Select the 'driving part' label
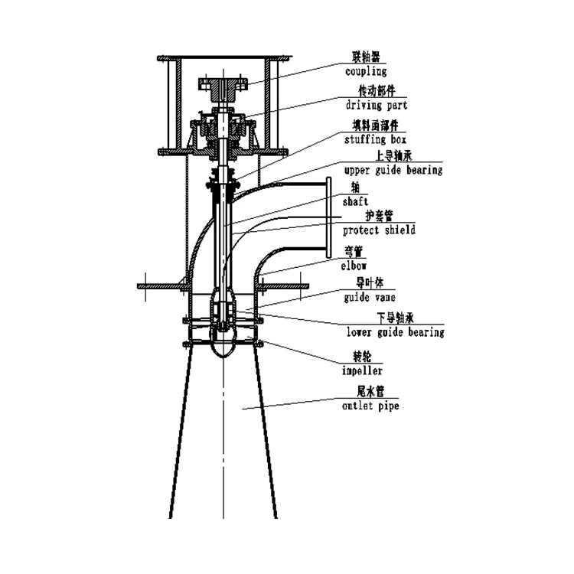pos(375,105)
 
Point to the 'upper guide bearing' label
pos(393,170)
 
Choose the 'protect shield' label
pos(380,230)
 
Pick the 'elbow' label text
pos(354,266)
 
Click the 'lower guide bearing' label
pos(395,332)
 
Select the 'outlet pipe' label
pos(371,406)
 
